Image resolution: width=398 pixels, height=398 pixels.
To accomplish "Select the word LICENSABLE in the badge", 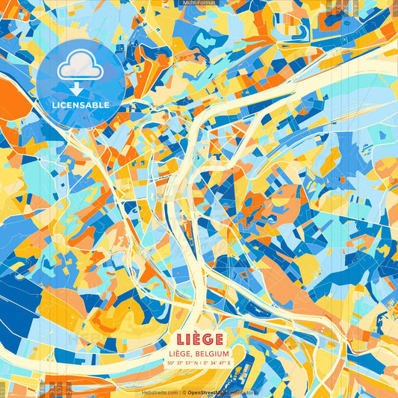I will click(x=80, y=105).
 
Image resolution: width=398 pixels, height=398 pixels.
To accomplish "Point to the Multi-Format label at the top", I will click(x=198, y=3).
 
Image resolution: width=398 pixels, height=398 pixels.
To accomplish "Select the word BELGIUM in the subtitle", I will click(x=211, y=352).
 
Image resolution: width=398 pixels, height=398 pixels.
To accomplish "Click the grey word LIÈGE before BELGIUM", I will click(x=181, y=352).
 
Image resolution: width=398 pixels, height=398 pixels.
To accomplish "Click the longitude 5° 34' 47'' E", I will click(x=216, y=362).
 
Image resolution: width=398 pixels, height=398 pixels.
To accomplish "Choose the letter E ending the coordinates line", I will click(x=229, y=362).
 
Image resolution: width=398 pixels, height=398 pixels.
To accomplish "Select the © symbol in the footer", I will click(x=181, y=391).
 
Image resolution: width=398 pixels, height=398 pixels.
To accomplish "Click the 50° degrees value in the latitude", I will click(x=171, y=362).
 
